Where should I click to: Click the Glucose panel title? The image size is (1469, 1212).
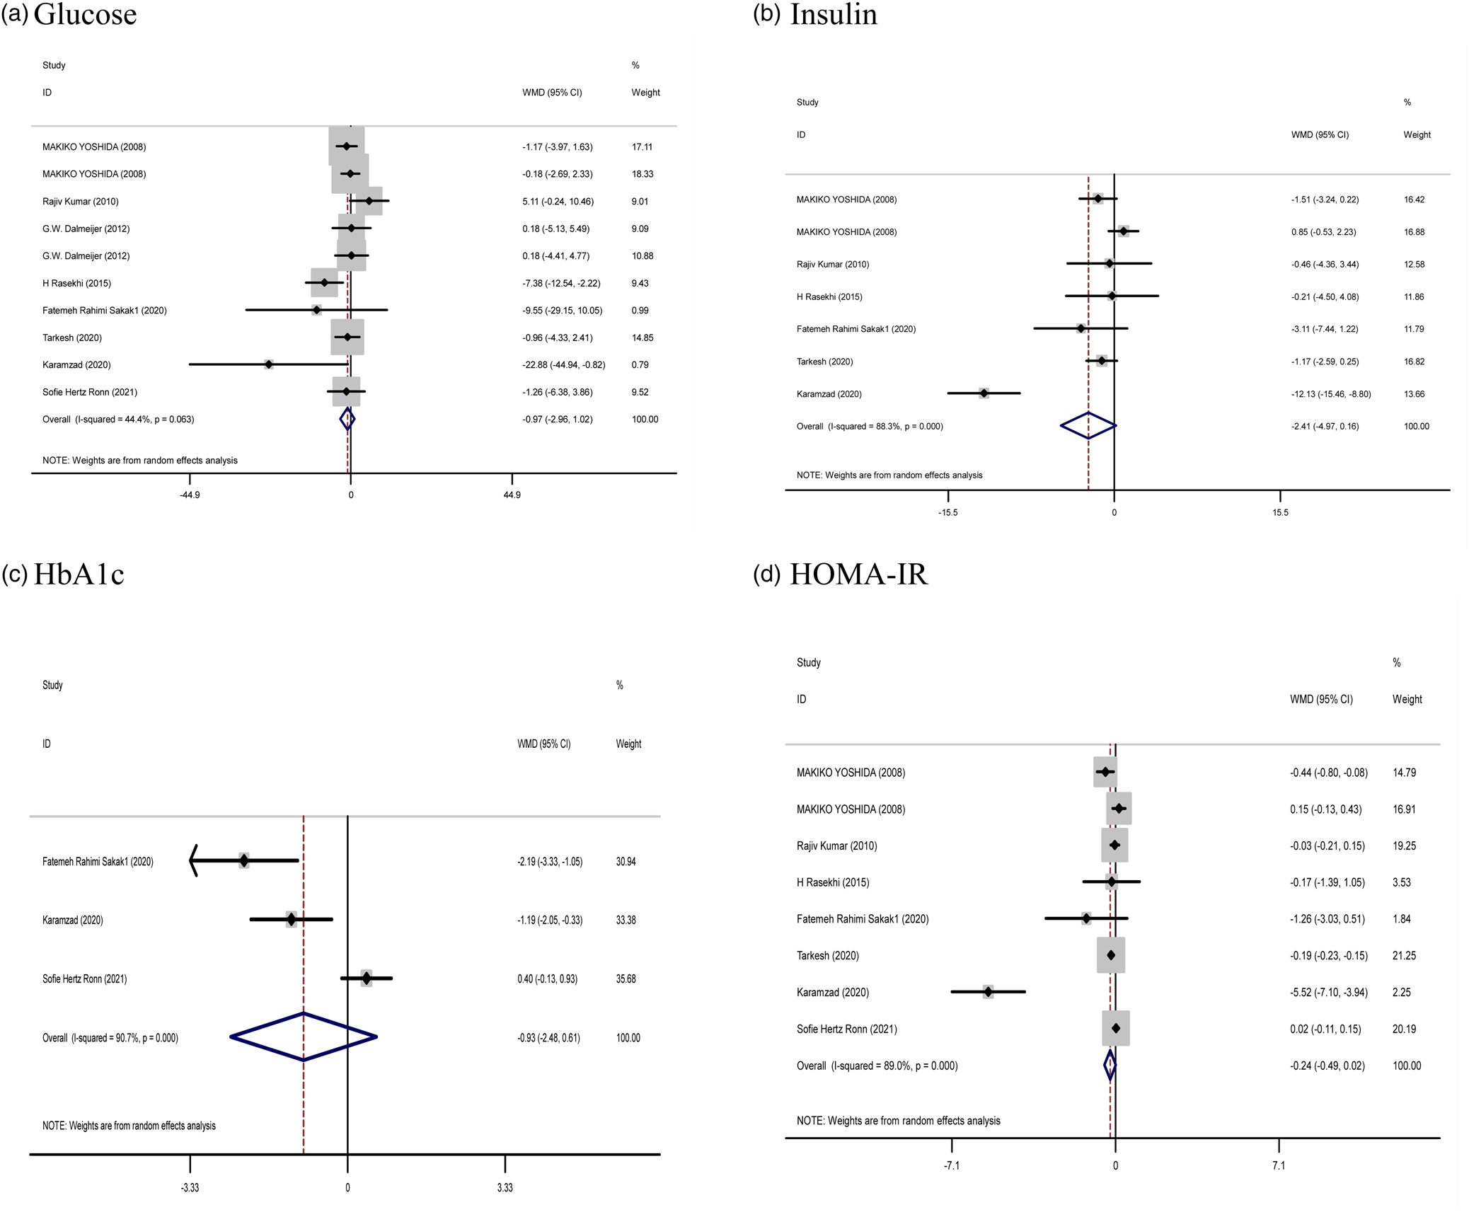coord(84,14)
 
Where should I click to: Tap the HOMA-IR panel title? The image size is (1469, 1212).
coord(858,574)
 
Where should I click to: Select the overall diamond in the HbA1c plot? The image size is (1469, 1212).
coord(304,1037)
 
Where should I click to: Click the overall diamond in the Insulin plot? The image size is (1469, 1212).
coord(1088,426)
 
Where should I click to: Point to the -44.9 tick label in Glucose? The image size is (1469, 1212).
coord(190,495)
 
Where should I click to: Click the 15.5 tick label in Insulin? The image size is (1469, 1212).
coord(1280,513)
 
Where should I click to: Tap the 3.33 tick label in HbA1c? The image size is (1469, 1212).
coord(505,1188)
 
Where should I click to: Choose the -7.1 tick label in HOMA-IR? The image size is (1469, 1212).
coord(952,1166)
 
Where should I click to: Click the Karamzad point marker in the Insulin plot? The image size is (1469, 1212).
coord(984,393)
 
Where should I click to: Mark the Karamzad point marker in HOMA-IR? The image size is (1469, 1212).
coord(988,992)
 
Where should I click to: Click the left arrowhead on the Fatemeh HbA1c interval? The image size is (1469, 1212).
coord(194,861)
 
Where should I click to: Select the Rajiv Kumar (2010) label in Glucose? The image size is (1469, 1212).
coord(81,202)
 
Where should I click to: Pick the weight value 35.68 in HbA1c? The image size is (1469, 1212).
coord(626,979)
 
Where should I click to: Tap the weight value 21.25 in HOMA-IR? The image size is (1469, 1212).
coord(1404,956)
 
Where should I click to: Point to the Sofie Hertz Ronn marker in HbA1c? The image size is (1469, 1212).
coord(366,979)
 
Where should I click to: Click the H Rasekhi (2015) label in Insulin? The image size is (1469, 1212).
coord(829,297)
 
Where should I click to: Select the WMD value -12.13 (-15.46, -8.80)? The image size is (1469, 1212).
coord(1330,394)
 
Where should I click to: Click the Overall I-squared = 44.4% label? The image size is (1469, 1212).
coord(118,420)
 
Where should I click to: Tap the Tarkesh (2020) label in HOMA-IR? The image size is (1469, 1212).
coord(827,956)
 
